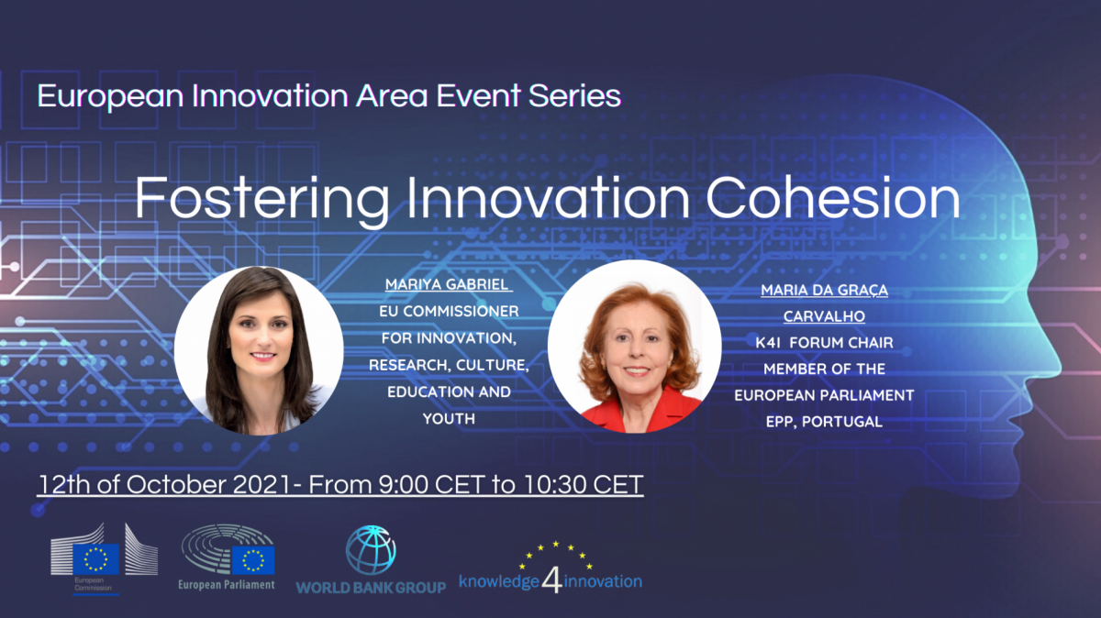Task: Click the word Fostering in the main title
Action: (262, 200)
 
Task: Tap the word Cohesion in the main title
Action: (833, 197)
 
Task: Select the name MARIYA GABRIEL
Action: (447, 284)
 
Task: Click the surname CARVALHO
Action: (824, 316)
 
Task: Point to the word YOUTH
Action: (449, 419)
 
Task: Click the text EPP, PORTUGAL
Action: (824, 422)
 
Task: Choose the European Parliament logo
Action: (227, 557)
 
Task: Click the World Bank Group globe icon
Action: (371, 550)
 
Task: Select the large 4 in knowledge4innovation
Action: (552, 581)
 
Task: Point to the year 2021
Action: (262, 485)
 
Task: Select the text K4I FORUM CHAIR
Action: (824, 343)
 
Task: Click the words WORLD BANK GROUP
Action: (371, 588)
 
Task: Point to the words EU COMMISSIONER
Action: (449, 312)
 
